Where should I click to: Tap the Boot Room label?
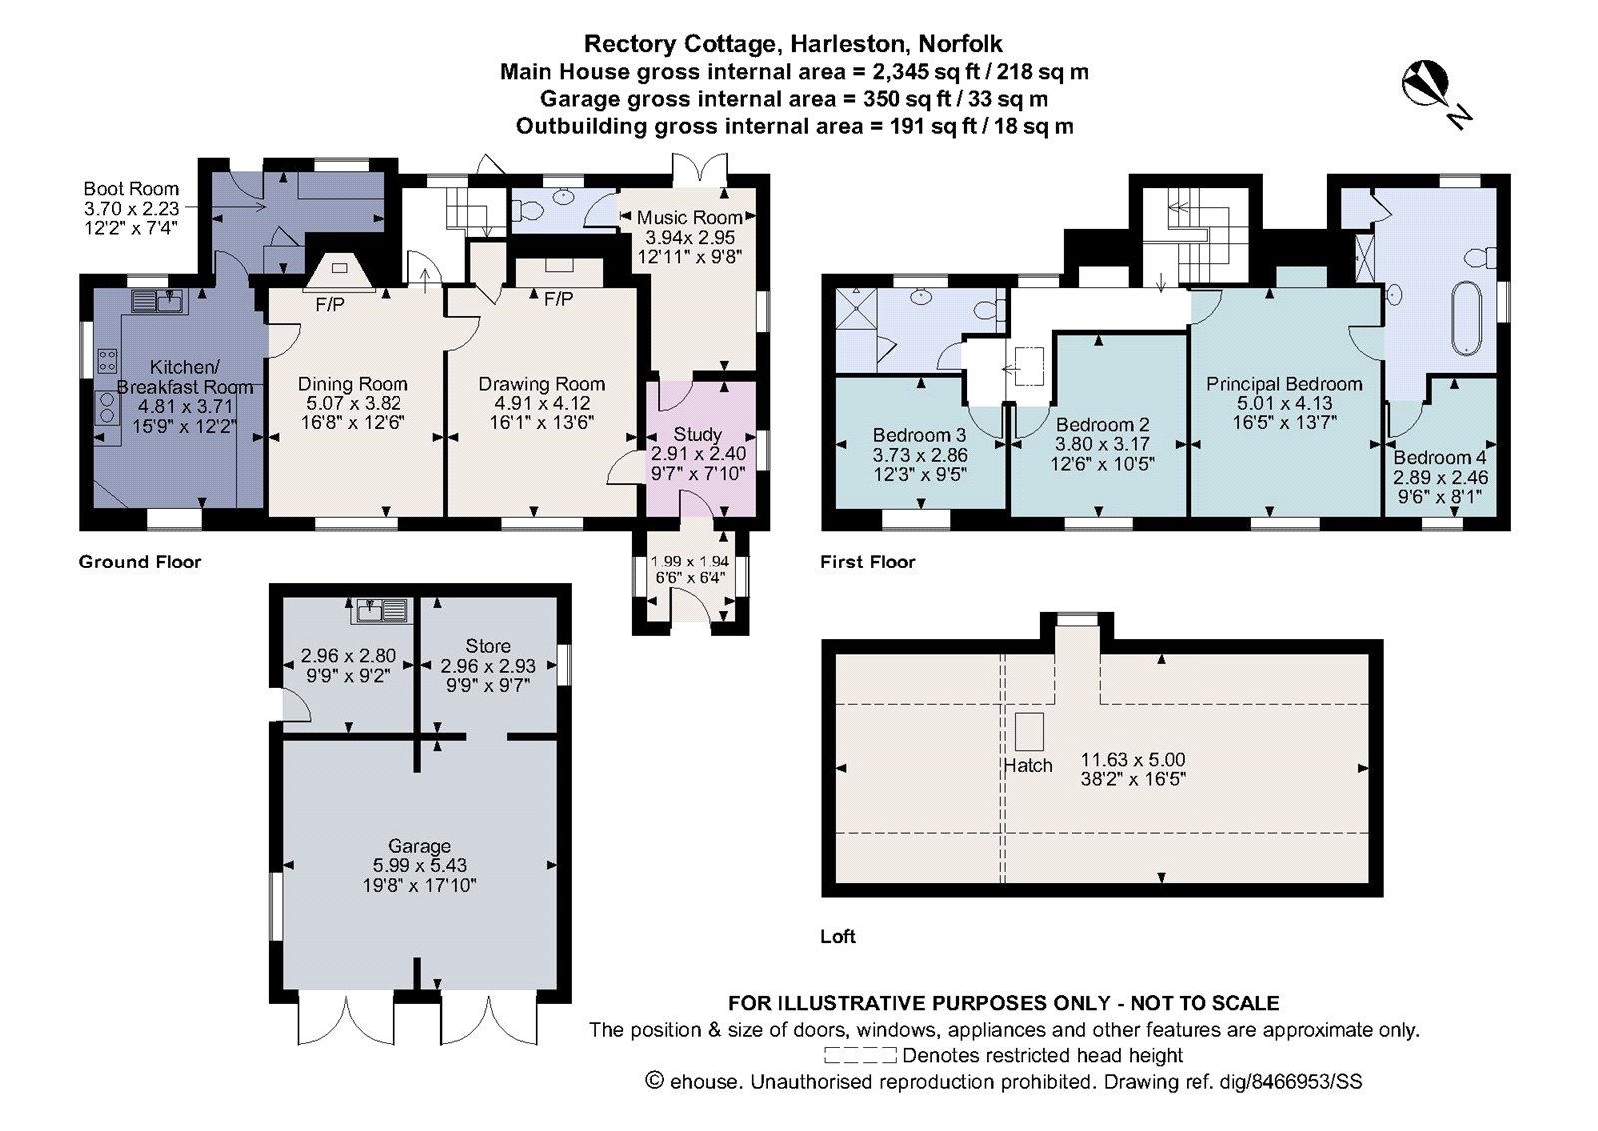[x=131, y=189]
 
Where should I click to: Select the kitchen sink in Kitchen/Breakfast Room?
[x=156, y=300]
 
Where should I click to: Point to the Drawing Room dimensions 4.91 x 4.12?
[x=542, y=403]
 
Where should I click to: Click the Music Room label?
[x=689, y=217]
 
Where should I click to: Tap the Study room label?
[x=697, y=434]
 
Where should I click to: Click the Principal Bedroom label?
[x=1283, y=384]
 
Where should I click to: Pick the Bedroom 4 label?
[x=1439, y=457]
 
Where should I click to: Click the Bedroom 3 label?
[x=919, y=435]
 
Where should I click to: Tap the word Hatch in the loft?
[x=1028, y=766]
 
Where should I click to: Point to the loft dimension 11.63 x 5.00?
[x=1132, y=759]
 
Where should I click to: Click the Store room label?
[x=487, y=646]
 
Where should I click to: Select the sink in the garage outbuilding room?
[x=381, y=609]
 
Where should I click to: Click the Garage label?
[x=419, y=846]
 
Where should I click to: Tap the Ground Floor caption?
[x=140, y=562]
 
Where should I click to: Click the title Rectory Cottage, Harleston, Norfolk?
[x=793, y=44]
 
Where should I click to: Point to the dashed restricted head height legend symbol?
[x=860, y=1055]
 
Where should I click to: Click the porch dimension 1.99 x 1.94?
[x=689, y=562]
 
